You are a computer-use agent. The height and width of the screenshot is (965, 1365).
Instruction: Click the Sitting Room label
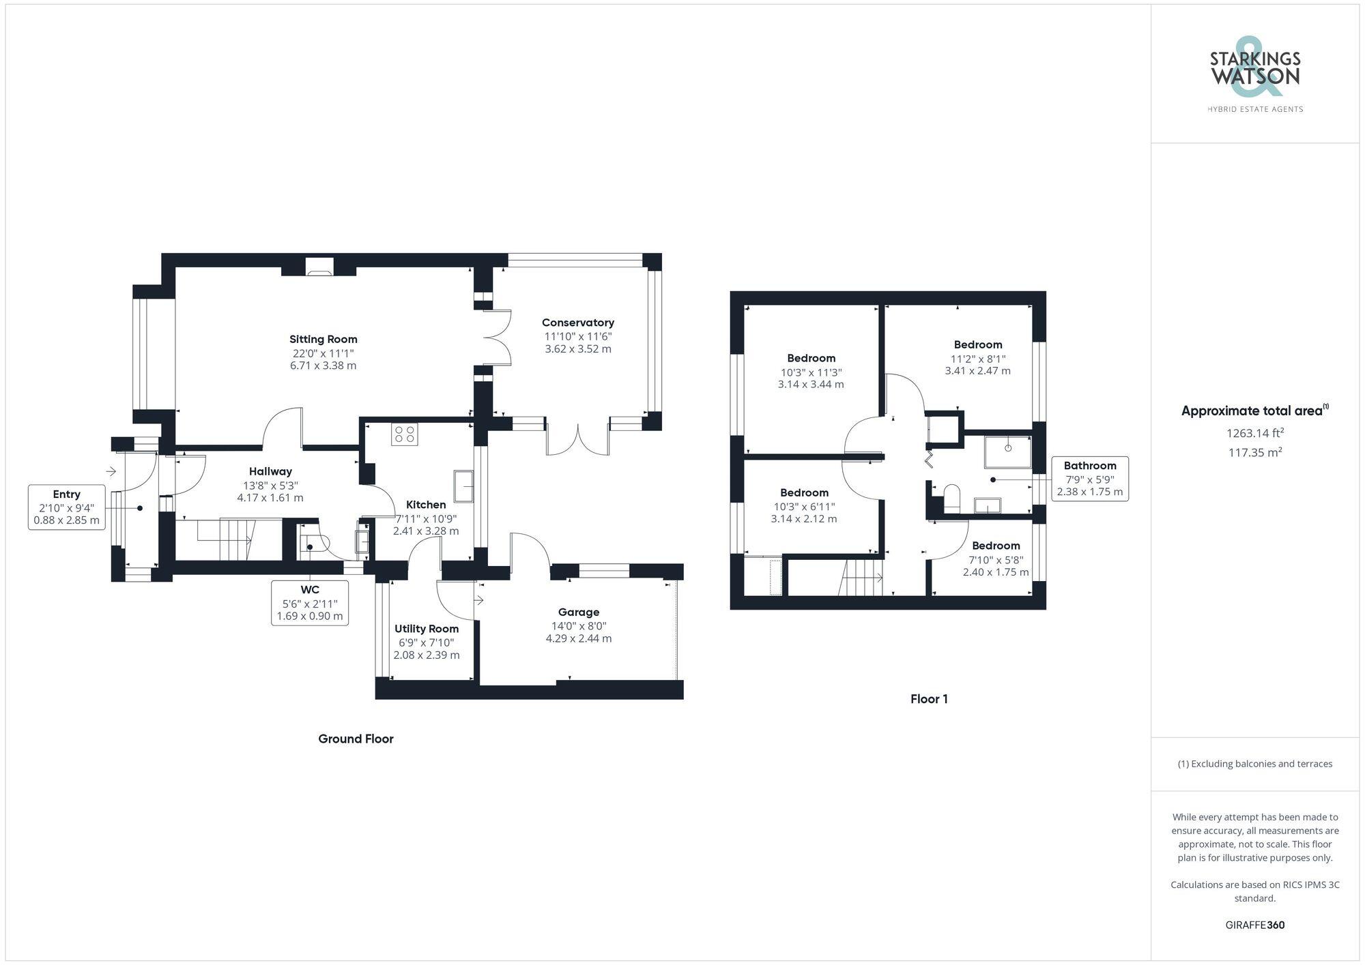[x=323, y=339]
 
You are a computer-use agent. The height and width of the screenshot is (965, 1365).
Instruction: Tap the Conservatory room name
[x=577, y=323]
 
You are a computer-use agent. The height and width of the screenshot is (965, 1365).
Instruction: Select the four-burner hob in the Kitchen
[x=405, y=434]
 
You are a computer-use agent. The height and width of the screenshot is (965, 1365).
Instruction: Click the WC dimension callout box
[x=309, y=603]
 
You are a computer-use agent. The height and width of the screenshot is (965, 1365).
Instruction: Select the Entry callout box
[x=66, y=507]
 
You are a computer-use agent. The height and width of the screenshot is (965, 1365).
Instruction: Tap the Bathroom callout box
[x=1089, y=479]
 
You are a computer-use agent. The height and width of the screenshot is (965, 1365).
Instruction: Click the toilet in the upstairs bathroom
[x=951, y=498]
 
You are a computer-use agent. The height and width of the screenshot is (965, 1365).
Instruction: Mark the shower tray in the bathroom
[x=1007, y=452]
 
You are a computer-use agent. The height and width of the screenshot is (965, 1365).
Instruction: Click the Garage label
[x=578, y=612]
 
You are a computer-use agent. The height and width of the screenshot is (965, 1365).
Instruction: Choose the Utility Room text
[x=427, y=629]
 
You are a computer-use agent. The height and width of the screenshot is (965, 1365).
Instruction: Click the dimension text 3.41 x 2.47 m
[x=977, y=371]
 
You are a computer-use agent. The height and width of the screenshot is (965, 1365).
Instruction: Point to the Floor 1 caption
[x=928, y=699]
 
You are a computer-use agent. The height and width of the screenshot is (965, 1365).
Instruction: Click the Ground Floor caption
[x=356, y=739]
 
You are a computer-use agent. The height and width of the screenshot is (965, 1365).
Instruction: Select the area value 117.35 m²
[x=1254, y=452]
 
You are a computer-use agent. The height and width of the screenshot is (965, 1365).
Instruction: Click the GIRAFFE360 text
[x=1254, y=925]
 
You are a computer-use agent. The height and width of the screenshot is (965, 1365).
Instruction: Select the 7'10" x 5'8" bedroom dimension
[x=996, y=560]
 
